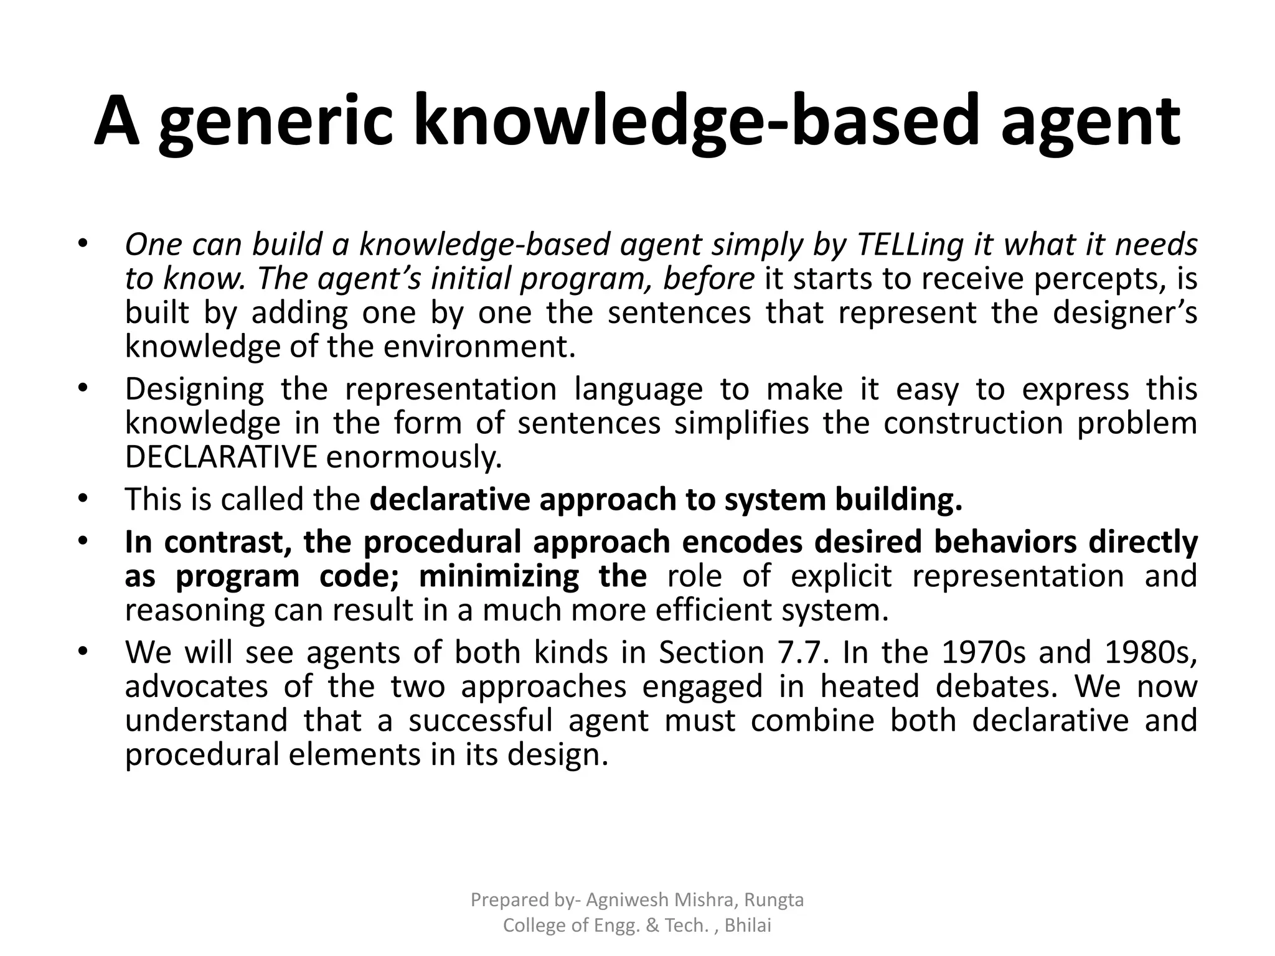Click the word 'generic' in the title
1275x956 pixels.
pyautogui.click(x=276, y=121)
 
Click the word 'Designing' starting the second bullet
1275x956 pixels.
pyautogui.click(x=194, y=390)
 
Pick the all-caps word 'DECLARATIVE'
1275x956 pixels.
pyautogui.click(x=221, y=457)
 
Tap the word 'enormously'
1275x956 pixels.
pyautogui.click(x=413, y=457)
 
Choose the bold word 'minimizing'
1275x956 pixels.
pyautogui.click(x=499, y=576)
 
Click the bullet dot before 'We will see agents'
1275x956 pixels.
pyautogui.click(x=82, y=652)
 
